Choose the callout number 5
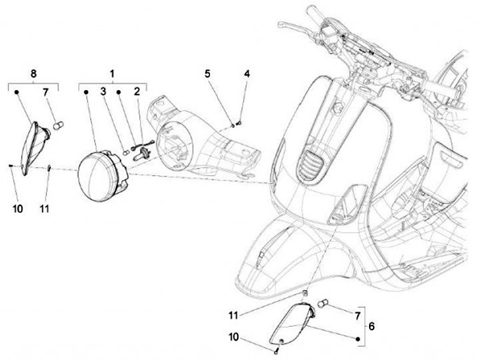coord(207,74)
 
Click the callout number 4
coord(246,74)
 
